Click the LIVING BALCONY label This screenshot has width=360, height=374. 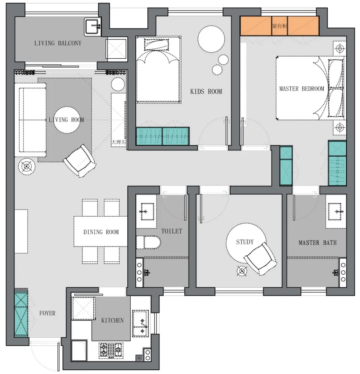point(58,43)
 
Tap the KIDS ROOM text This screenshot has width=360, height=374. point(206,91)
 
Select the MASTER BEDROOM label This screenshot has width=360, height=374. point(302,89)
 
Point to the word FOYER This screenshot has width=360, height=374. point(47,313)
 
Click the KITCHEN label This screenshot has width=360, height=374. point(112,320)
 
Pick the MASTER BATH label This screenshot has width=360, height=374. point(318,243)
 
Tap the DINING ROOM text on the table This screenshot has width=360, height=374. point(101,232)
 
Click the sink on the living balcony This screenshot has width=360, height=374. point(93,27)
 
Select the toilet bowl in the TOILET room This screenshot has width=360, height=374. point(148,242)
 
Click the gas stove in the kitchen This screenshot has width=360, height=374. point(111,350)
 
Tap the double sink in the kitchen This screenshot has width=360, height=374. point(140,324)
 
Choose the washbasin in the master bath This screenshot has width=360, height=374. point(336,211)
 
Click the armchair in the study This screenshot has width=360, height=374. point(260,258)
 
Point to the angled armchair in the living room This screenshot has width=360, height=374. point(80,161)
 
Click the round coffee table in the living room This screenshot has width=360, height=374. point(67,120)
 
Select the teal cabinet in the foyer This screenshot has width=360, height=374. point(21,313)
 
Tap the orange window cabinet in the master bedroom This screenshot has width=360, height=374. point(280,26)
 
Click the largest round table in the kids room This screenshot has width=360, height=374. point(211,39)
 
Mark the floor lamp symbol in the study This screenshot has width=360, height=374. point(242,271)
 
